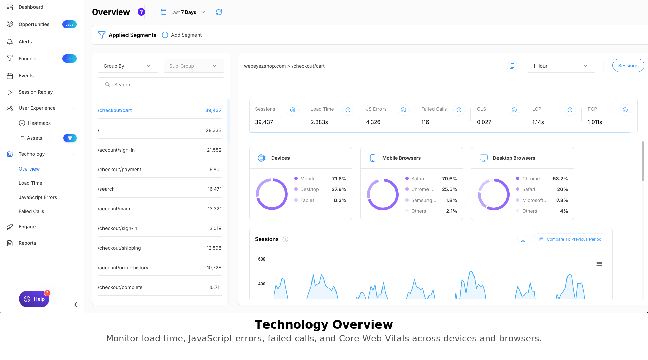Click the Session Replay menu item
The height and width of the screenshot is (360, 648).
click(x=36, y=92)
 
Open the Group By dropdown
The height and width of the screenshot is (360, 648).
click(x=128, y=66)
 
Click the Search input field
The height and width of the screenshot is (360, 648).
click(x=161, y=85)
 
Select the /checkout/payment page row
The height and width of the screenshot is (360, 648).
click(x=160, y=170)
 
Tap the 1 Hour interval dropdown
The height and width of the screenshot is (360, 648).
click(x=561, y=66)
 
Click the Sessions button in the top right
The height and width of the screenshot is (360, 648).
click(x=628, y=66)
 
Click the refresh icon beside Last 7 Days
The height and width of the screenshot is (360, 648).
click(x=219, y=12)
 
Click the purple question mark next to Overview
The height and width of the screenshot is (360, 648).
click(x=141, y=12)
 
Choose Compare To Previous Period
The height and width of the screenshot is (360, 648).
click(x=570, y=239)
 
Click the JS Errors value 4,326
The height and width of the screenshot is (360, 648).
click(x=373, y=122)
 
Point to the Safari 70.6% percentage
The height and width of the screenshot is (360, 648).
click(x=449, y=179)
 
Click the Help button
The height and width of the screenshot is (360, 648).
click(x=34, y=299)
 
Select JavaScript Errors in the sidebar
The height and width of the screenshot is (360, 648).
click(x=38, y=197)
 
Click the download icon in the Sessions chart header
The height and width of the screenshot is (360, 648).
click(x=523, y=239)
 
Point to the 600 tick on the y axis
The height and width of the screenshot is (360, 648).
click(x=262, y=259)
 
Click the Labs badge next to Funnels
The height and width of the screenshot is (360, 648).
click(x=69, y=59)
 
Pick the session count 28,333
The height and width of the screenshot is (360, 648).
click(x=213, y=130)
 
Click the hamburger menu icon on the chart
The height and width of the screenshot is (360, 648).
click(x=599, y=264)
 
